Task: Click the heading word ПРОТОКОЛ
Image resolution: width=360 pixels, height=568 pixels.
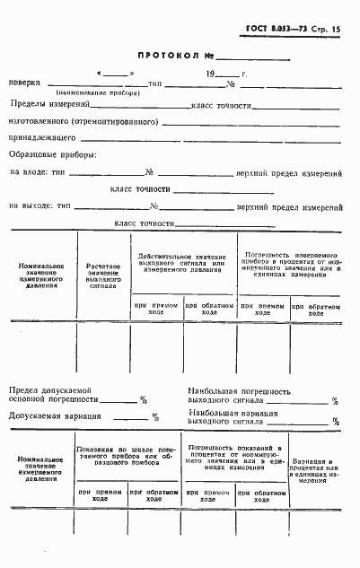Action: coord(158,54)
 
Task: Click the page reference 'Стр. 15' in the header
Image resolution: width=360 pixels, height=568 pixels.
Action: coord(326,30)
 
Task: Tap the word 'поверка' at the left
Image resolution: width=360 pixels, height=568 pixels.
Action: coord(24,83)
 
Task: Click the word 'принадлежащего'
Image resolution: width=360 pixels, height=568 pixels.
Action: coord(41,139)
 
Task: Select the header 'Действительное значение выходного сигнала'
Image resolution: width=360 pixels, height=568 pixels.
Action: coord(183,261)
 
